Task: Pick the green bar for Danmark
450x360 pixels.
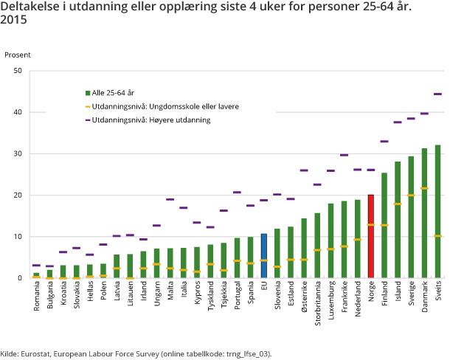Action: pos(424,213)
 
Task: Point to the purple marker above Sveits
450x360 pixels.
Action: pos(437,94)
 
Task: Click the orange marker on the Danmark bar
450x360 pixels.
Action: pos(424,188)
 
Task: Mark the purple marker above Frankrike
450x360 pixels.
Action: pos(344,155)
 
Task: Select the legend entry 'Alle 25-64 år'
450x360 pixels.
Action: pos(111,93)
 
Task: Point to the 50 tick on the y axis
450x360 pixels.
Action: pos(18,71)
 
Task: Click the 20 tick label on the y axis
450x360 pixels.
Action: pos(18,195)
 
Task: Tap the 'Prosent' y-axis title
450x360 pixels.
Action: pos(18,55)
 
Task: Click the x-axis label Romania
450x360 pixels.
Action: pos(36,296)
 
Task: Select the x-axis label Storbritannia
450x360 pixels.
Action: pos(317,303)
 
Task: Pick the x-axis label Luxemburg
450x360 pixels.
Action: pos(330,300)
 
